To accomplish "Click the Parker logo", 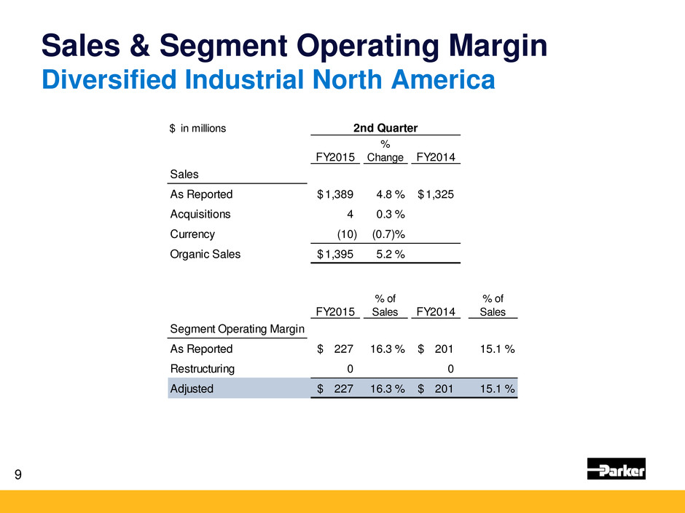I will tap(616, 469).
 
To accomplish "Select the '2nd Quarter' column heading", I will tap(385, 128).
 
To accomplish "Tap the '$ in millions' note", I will tap(198, 129).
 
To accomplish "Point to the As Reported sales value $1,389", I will tap(337, 194).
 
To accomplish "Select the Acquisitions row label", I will tap(200, 214).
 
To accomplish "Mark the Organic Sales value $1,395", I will tap(337, 254).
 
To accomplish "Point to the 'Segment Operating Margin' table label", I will tap(237, 330).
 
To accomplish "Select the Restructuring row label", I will tap(202, 368).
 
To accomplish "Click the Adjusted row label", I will tap(192, 389).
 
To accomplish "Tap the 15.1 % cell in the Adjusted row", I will tap(496, 389).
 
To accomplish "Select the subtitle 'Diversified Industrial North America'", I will tap(267, 79).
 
